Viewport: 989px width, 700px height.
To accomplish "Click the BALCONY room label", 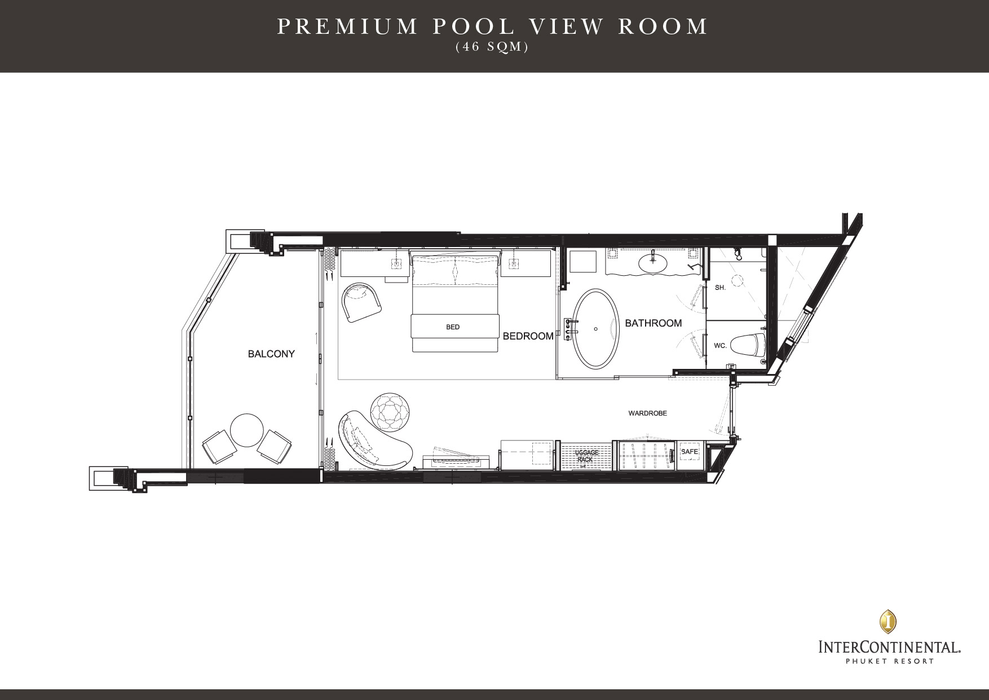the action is (271, 354).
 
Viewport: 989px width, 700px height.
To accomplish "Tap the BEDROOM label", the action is (528, 336).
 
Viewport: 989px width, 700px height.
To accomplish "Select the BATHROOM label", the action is (654, 323).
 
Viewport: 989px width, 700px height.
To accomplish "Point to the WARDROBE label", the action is (648, 413).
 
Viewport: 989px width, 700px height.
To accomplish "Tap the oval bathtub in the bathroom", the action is (595, 329).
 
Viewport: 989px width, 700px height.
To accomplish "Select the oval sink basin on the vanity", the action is (653, 262).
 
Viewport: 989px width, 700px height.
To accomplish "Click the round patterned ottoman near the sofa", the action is (391, 410).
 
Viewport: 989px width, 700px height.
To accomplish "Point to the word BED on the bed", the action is (453, 327).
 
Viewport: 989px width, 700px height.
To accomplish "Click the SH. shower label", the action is (720, 288).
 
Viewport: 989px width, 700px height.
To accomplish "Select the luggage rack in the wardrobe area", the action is (585, 456).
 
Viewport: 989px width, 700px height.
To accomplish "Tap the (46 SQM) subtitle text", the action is (492, 48).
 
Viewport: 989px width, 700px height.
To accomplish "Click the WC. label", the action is (720, 345).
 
